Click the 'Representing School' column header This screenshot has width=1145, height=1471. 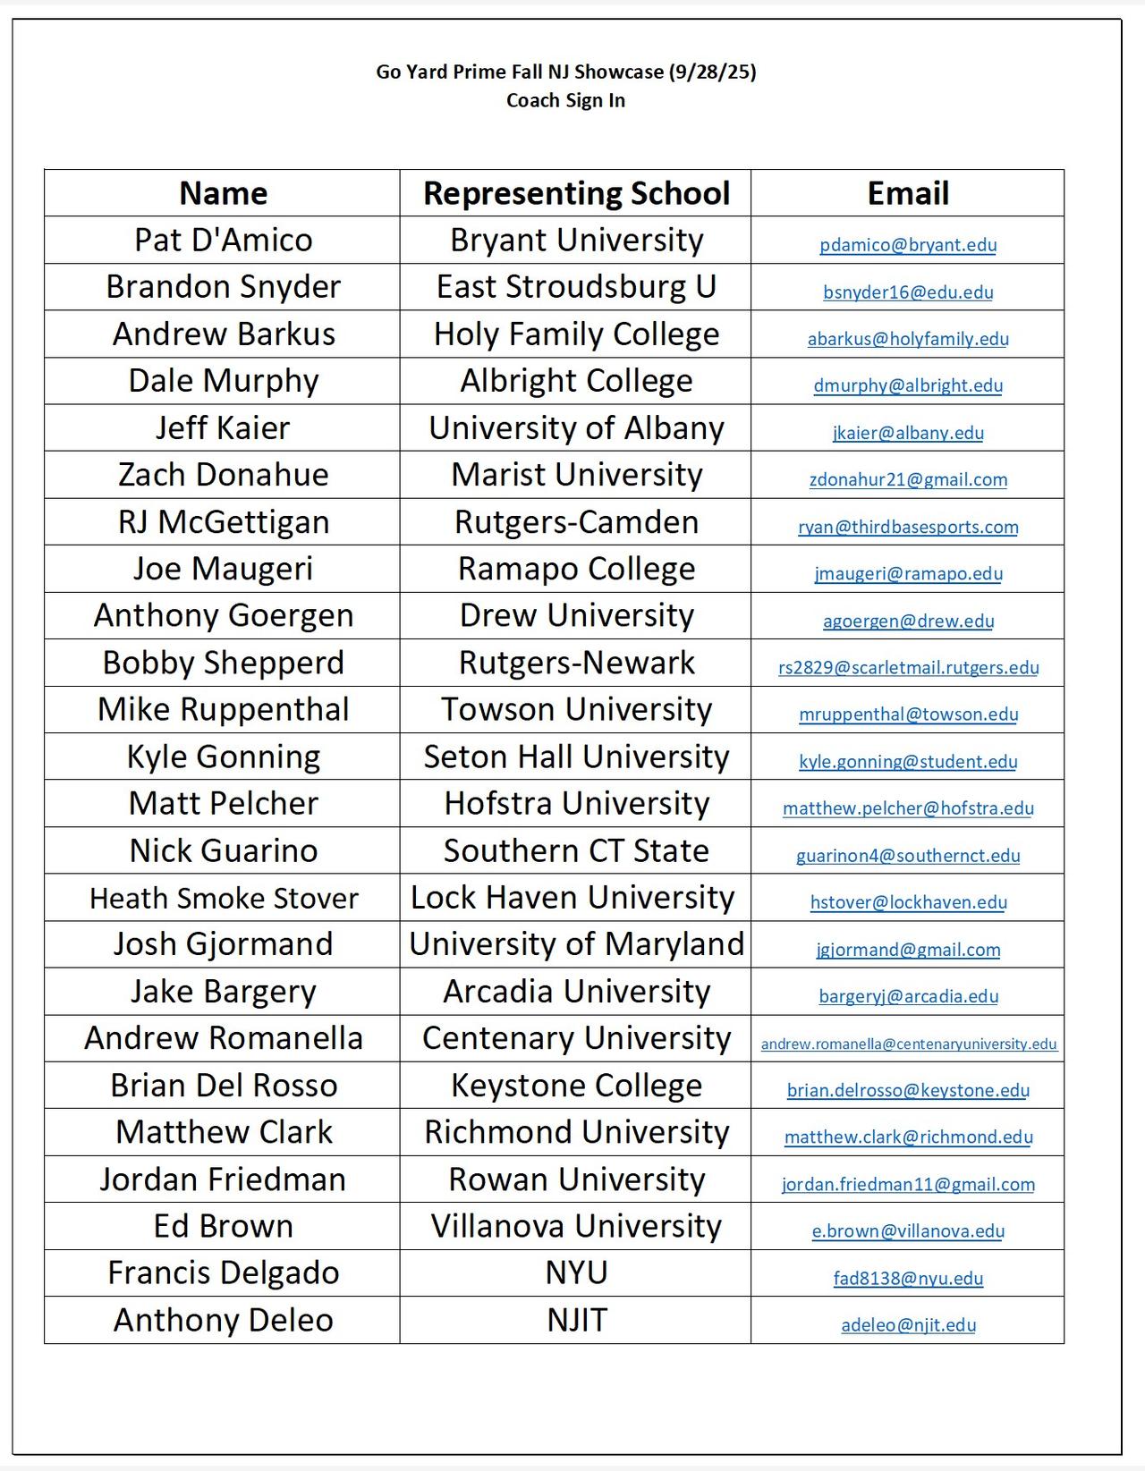pyautogui.click(x=576, y=193)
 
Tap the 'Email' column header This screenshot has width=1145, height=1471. pyautogui.click(x=908, y=193)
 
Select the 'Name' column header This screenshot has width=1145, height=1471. pyautogui.click(x=223, y=193)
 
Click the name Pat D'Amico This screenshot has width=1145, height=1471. pyautogui.click(x=223, y=240)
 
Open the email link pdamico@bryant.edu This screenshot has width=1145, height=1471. pyautogui.click(x=908, y=245)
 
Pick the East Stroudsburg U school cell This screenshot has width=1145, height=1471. pyautogui.click(x=576, y=287)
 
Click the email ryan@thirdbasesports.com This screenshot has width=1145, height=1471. pyautogui.click(x=908, y=527)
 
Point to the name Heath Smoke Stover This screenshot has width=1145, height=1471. pyautogui.click(x=223, y=898)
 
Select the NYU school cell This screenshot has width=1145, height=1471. pyautogui.click(x=576, y=1272)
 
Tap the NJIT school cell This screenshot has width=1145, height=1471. pyautogui.click(x=576, y=1320)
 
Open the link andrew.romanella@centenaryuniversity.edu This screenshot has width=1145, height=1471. pyautogui.click(x=908, y=1044)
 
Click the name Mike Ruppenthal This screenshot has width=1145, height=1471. pyautogui.click(x=223, y=709)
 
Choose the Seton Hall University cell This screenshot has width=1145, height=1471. pyautogui.click(x=576, y=757)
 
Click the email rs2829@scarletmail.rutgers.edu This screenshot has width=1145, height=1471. pyautogui.click(x=908, y=667)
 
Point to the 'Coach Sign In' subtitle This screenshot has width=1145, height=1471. pyautogui.click(x=565, y=100)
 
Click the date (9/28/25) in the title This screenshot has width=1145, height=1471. pyautogui.click(x=712, y=72)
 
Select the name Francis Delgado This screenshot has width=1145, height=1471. pyautogui.click(x=223, y=1272)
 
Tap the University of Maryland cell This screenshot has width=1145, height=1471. pyautogui.click(x=576, y=944)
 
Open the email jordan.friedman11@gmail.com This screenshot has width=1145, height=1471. pyautogui.click(x=908, y=1184)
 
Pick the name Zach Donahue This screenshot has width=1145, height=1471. pyautogui.click(x=223, y=475)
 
